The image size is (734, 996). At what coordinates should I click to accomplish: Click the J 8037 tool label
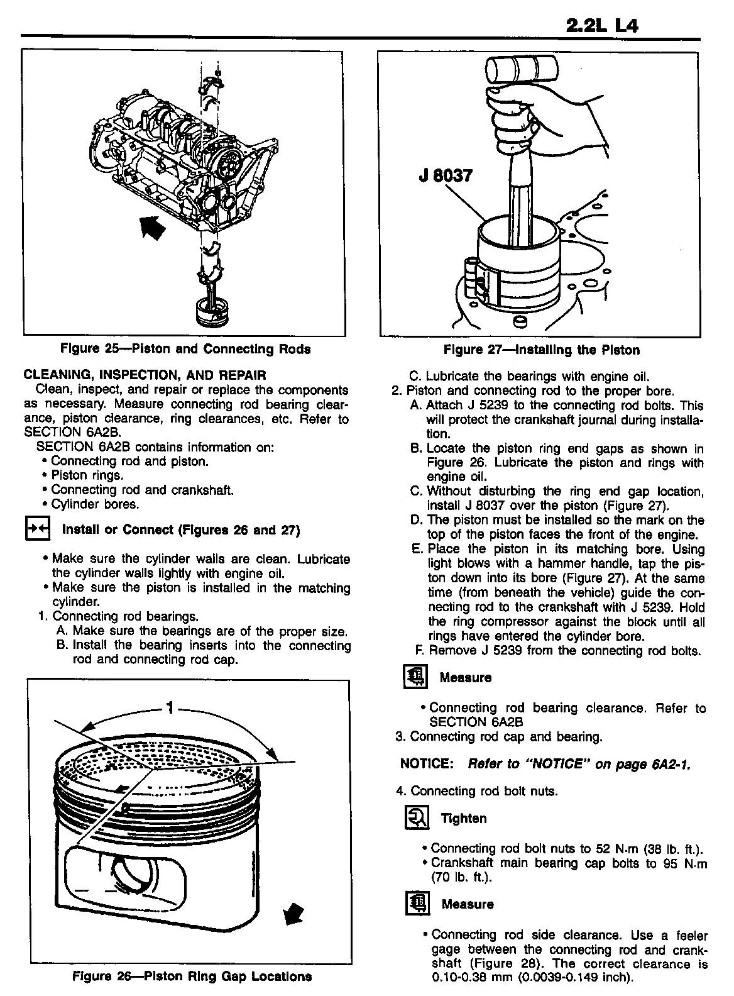445,175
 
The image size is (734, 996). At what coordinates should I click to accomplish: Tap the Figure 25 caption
185,348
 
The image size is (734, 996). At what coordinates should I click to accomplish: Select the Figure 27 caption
541,350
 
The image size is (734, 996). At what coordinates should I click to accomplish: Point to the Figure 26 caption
192,976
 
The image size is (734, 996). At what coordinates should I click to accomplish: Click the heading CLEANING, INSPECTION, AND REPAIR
145,375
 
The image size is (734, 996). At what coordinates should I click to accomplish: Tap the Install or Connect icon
36,529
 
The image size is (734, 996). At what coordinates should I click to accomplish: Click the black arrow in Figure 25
152,228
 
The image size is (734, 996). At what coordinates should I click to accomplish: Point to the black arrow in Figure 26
292,912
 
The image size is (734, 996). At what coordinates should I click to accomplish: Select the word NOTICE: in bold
427,763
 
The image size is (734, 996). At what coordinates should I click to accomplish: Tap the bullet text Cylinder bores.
95,504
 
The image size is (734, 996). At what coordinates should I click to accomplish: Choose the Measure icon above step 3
414,677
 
